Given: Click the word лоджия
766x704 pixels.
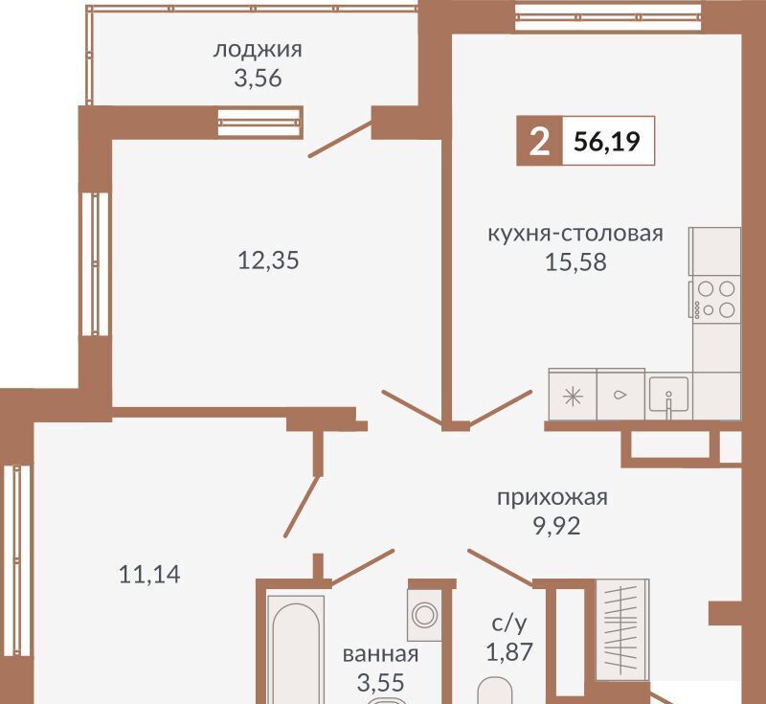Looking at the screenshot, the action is coord(258,51).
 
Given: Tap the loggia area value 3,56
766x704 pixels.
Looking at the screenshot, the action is coord(258,79).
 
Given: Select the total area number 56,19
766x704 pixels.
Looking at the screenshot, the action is coord(607,142).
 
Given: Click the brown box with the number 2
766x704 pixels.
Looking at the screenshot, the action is coord(540,141).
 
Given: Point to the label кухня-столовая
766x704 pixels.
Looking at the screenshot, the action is coord(575,234).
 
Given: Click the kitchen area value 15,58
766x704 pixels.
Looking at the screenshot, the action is coord(575,262).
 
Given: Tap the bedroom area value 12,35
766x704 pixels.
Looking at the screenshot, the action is coord(268,260).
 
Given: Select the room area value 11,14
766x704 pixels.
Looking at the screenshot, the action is coord(149,574).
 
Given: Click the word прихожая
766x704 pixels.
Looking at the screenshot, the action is coord(552,498).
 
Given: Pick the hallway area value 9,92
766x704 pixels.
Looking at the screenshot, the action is coord(557,526).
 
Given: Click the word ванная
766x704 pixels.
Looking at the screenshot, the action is coord(380,654).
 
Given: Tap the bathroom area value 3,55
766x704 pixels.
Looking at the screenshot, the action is coord(380,683).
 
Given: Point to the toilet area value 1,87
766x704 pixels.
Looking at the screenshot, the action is coord(509,651).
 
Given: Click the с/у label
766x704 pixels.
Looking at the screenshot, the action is coord(509,624).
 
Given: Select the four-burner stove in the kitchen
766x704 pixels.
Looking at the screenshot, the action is coord(715,299).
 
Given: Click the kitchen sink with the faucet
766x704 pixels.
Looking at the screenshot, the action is coord(668,396).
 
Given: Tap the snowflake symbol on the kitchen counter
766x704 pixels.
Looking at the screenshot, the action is coord(573,396).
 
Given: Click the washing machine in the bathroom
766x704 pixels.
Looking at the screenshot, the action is coord(424,615).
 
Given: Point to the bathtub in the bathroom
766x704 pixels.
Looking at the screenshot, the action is coord(296,649).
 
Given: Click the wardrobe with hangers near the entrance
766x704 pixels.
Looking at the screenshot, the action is coord(622,630).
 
